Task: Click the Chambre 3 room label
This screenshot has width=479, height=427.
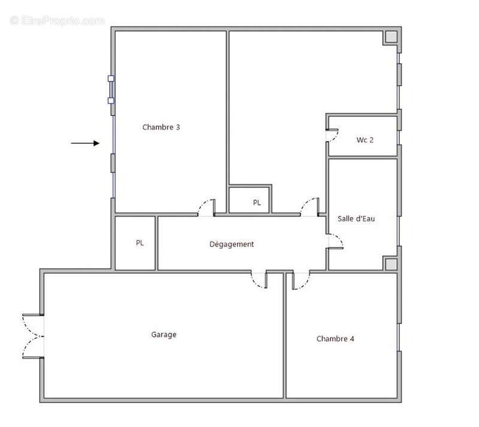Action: click(x=161, y=127)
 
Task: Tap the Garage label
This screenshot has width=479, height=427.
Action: click(x=163, y=334)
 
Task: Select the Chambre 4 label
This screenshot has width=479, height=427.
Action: click(x=335, y=338)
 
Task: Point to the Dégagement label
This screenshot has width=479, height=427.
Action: click(x=232, y=244)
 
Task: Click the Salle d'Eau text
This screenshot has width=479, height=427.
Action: click(x=356, y=218)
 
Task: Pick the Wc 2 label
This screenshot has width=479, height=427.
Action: click(x=365, y=140)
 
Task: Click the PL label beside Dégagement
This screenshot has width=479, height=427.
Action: click(x=140, y=243)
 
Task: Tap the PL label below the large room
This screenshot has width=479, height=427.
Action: click(x=257, y=202)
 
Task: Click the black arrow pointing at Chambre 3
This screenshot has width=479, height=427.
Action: click(x=85, y=143)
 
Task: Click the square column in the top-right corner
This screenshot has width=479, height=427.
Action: click(x=391, y=37)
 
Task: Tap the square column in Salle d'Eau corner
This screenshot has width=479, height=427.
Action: click(x=391, y=264)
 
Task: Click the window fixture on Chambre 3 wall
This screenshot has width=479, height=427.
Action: click(x=111, y=90)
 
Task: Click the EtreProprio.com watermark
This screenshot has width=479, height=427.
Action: click(x=57, y=20)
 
